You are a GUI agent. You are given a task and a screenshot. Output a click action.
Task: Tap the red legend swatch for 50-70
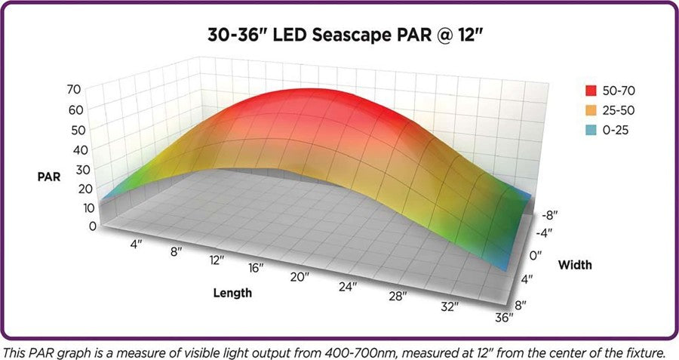point(590,91)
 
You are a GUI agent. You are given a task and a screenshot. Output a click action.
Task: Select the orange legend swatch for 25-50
point(590,111)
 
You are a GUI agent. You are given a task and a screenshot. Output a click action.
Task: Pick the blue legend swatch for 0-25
point(590,131)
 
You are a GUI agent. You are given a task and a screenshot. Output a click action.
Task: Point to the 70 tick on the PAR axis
point(94,88)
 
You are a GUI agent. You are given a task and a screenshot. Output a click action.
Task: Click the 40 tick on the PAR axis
point(94,149)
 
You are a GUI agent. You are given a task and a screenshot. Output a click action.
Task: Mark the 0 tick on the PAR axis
point(92,226)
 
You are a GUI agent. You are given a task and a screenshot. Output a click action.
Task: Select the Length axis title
point(231,292)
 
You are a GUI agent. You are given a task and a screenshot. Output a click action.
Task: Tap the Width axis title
point(575,265)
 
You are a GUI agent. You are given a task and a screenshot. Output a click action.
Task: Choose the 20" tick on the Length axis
point(299,277)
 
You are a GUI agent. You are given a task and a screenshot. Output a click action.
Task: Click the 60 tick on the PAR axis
point(94,109)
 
